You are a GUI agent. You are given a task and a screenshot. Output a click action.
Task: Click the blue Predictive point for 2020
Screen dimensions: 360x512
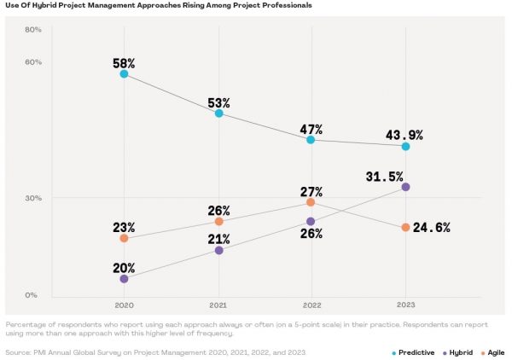pos(124,74)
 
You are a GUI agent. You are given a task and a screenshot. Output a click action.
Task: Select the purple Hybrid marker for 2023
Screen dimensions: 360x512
pos(405,187)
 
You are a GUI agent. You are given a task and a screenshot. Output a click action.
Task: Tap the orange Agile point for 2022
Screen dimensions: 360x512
pos(311,202)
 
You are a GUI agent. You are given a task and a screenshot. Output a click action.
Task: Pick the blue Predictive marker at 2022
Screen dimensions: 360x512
pos(311,140)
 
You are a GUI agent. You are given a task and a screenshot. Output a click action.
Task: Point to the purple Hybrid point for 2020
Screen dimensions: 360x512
pos(124,279)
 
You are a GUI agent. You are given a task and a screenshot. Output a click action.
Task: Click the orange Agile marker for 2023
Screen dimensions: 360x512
pos(405,228)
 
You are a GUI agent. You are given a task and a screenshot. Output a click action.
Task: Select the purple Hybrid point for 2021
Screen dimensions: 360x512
pos(218,250)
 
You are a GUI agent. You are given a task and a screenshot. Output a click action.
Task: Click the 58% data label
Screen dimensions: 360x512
pos(124,64)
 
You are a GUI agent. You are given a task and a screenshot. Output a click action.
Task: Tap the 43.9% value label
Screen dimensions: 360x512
pos(405,135)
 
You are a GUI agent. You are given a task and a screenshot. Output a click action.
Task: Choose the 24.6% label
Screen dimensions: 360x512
pos(432,228)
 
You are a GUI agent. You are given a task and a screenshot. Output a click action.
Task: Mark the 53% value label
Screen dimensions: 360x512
pos(218,103)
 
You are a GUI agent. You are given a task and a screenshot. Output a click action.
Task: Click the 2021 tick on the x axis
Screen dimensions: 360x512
pos(218,305)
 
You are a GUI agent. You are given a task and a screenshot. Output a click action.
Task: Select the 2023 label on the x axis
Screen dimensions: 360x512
pos(405,305)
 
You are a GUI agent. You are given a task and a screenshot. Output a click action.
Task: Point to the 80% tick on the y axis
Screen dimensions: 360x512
pos(33,30)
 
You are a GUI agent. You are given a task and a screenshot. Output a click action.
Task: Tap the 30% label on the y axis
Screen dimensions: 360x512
pos(33,198)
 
